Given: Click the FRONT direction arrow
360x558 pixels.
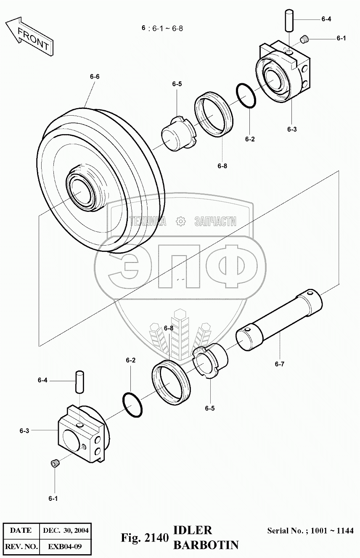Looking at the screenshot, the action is (29, 37).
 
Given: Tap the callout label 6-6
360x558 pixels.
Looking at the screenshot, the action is (95, 77).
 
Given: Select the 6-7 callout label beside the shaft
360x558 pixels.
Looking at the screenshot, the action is (280, 364).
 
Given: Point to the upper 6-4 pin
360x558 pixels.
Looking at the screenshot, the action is (289, 20).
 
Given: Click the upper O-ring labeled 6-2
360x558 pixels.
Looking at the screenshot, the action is (246, 95).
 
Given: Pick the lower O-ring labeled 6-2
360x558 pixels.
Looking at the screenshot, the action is (132, 405).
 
